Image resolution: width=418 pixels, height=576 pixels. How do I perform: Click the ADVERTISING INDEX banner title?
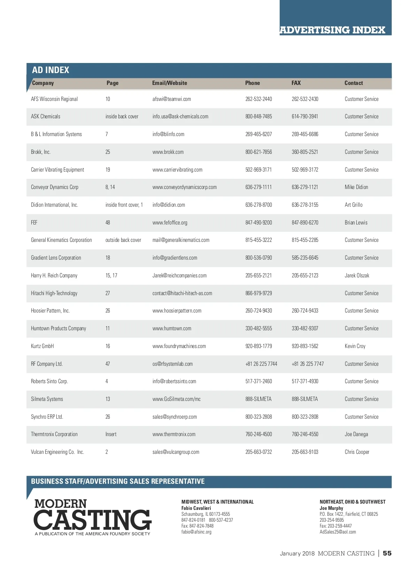pos(332,30)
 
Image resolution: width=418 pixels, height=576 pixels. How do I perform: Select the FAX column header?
pos(296,83)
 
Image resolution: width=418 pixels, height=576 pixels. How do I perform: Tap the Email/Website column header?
pos(169,83)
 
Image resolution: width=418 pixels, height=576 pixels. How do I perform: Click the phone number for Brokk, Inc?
pos(258,152)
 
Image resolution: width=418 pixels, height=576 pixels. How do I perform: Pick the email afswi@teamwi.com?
pos(171,99)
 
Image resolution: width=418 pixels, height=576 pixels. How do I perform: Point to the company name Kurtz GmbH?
pos(42,346)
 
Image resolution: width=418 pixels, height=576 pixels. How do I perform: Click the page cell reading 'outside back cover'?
pos(123,240)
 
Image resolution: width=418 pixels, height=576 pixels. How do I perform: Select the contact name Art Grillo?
pos(353,205)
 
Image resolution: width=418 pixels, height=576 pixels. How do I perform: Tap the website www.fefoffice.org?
pos(170,223)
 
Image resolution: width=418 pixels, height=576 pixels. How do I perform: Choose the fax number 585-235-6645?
pos(305,258)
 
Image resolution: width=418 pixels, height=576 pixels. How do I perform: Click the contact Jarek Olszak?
pos(357,276)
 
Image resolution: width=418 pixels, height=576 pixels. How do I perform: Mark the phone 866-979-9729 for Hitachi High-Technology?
pos(258,293)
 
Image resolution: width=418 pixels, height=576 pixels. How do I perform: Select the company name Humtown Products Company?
pos(58,329)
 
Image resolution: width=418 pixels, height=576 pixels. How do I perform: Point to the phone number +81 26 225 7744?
pos(261,364)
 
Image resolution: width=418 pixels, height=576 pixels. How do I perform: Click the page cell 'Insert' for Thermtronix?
pos(111,434)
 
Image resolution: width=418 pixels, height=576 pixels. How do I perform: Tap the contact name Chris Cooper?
pos(357,452)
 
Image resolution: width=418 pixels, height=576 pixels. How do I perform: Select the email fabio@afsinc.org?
pos(196,532)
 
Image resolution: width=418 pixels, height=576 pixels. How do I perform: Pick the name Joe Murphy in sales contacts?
pos(331,508)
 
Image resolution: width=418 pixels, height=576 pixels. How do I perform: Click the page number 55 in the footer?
pos(387,553)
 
